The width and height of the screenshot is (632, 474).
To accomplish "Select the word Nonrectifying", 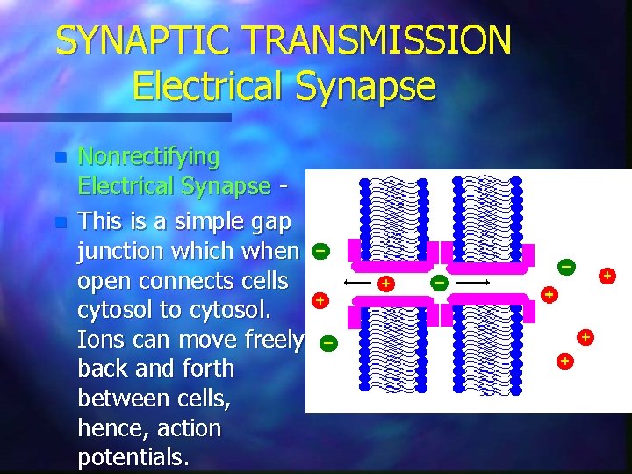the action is [148, 157].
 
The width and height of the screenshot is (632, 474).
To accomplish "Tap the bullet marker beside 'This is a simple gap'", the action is [60, 222].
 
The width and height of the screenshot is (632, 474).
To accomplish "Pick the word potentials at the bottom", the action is [133, 457].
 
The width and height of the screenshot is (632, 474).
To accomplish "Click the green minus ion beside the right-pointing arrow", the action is [439, 283].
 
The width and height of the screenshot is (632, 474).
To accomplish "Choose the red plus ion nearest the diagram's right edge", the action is [606, 276].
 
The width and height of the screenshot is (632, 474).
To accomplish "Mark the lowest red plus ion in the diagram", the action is [564, 360].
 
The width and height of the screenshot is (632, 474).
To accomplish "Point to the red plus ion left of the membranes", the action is [320, 300].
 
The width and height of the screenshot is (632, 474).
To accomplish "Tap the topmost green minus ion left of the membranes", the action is [320, 251].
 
